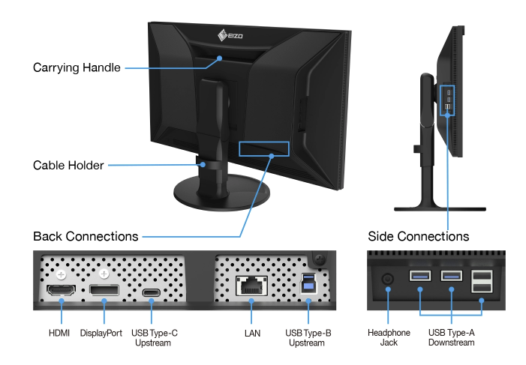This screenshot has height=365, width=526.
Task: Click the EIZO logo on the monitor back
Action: [x=230, y=35]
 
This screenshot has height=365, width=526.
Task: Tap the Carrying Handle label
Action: [x=77, y=67]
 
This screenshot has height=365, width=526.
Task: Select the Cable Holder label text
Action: [x=68, y=165]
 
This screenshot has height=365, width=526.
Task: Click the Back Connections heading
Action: [x=86, y=236]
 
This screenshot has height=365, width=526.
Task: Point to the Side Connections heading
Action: [x=418, y=236]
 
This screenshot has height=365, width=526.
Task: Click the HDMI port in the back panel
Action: [x=61, y=290]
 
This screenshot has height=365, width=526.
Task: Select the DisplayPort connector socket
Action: [x=104, y=290]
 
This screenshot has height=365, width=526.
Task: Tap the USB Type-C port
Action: [x=152, y=292]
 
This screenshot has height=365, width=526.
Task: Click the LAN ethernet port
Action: [x=251, y=286]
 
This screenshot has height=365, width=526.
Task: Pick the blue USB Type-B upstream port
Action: [x=308, y=283]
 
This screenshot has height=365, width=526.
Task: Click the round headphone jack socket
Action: [x=388, y=279]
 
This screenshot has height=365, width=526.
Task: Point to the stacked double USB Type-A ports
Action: [x=482, y=281]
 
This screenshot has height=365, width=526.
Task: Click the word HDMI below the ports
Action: [x=59, y=334]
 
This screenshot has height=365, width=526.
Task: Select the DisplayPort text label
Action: [x=101, y=334]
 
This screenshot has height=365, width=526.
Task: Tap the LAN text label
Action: [x=252, y=334]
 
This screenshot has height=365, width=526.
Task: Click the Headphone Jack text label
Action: [x=389, y=337]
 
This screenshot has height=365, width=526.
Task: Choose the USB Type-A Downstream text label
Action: [x=451, y=337]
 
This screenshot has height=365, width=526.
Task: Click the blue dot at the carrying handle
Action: [x=219, y=58]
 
